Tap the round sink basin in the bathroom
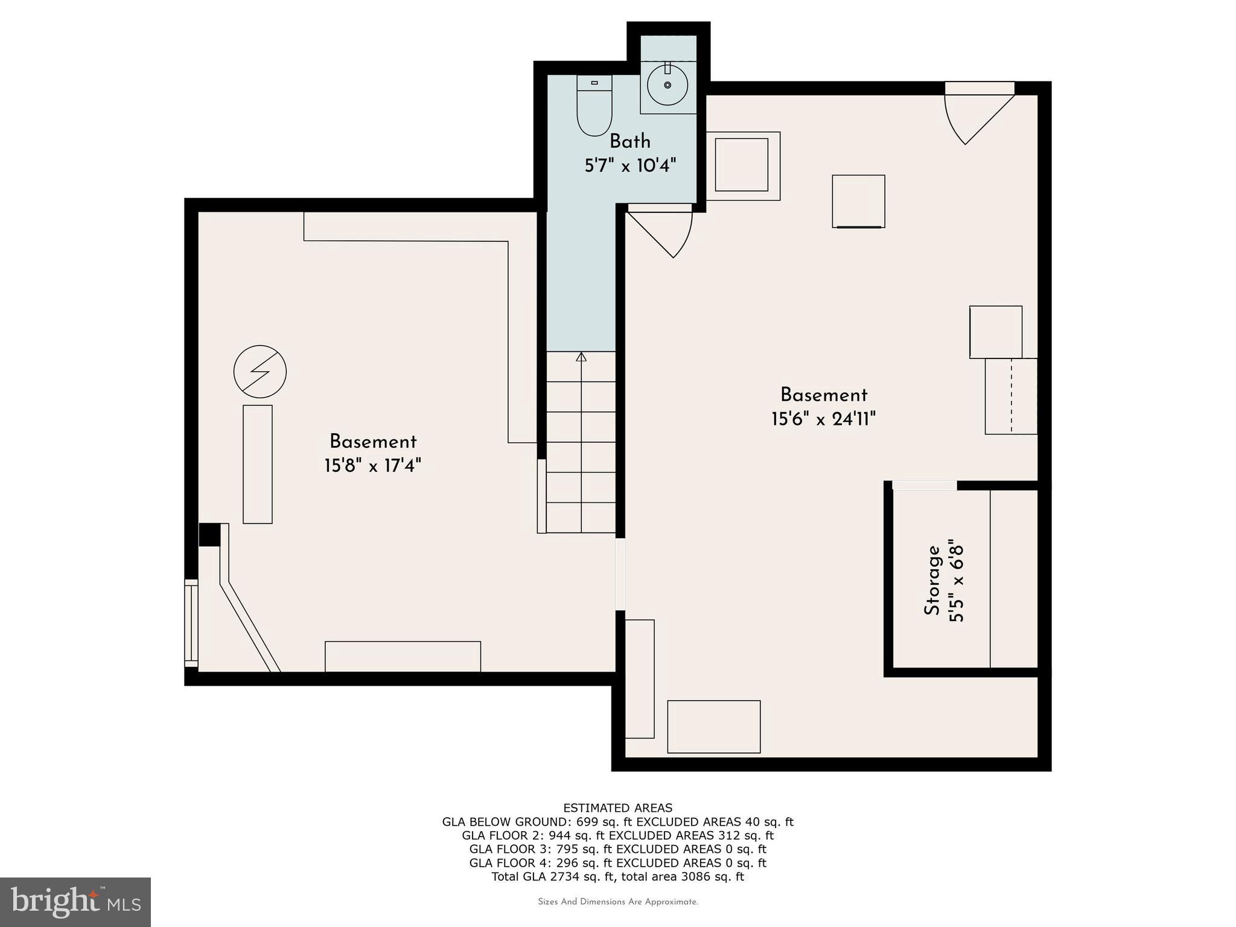667,86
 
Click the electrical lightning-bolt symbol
260,371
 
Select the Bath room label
630,141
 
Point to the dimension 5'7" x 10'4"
630,165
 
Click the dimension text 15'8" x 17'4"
372,466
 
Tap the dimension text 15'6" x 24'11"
823,419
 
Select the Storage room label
932,580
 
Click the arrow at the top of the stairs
581,357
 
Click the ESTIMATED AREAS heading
617,808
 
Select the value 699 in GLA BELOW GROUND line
587,821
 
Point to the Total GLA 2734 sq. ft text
553,877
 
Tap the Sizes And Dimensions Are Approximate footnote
617,902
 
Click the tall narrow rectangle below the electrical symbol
258,464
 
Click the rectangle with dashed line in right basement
1011,396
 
